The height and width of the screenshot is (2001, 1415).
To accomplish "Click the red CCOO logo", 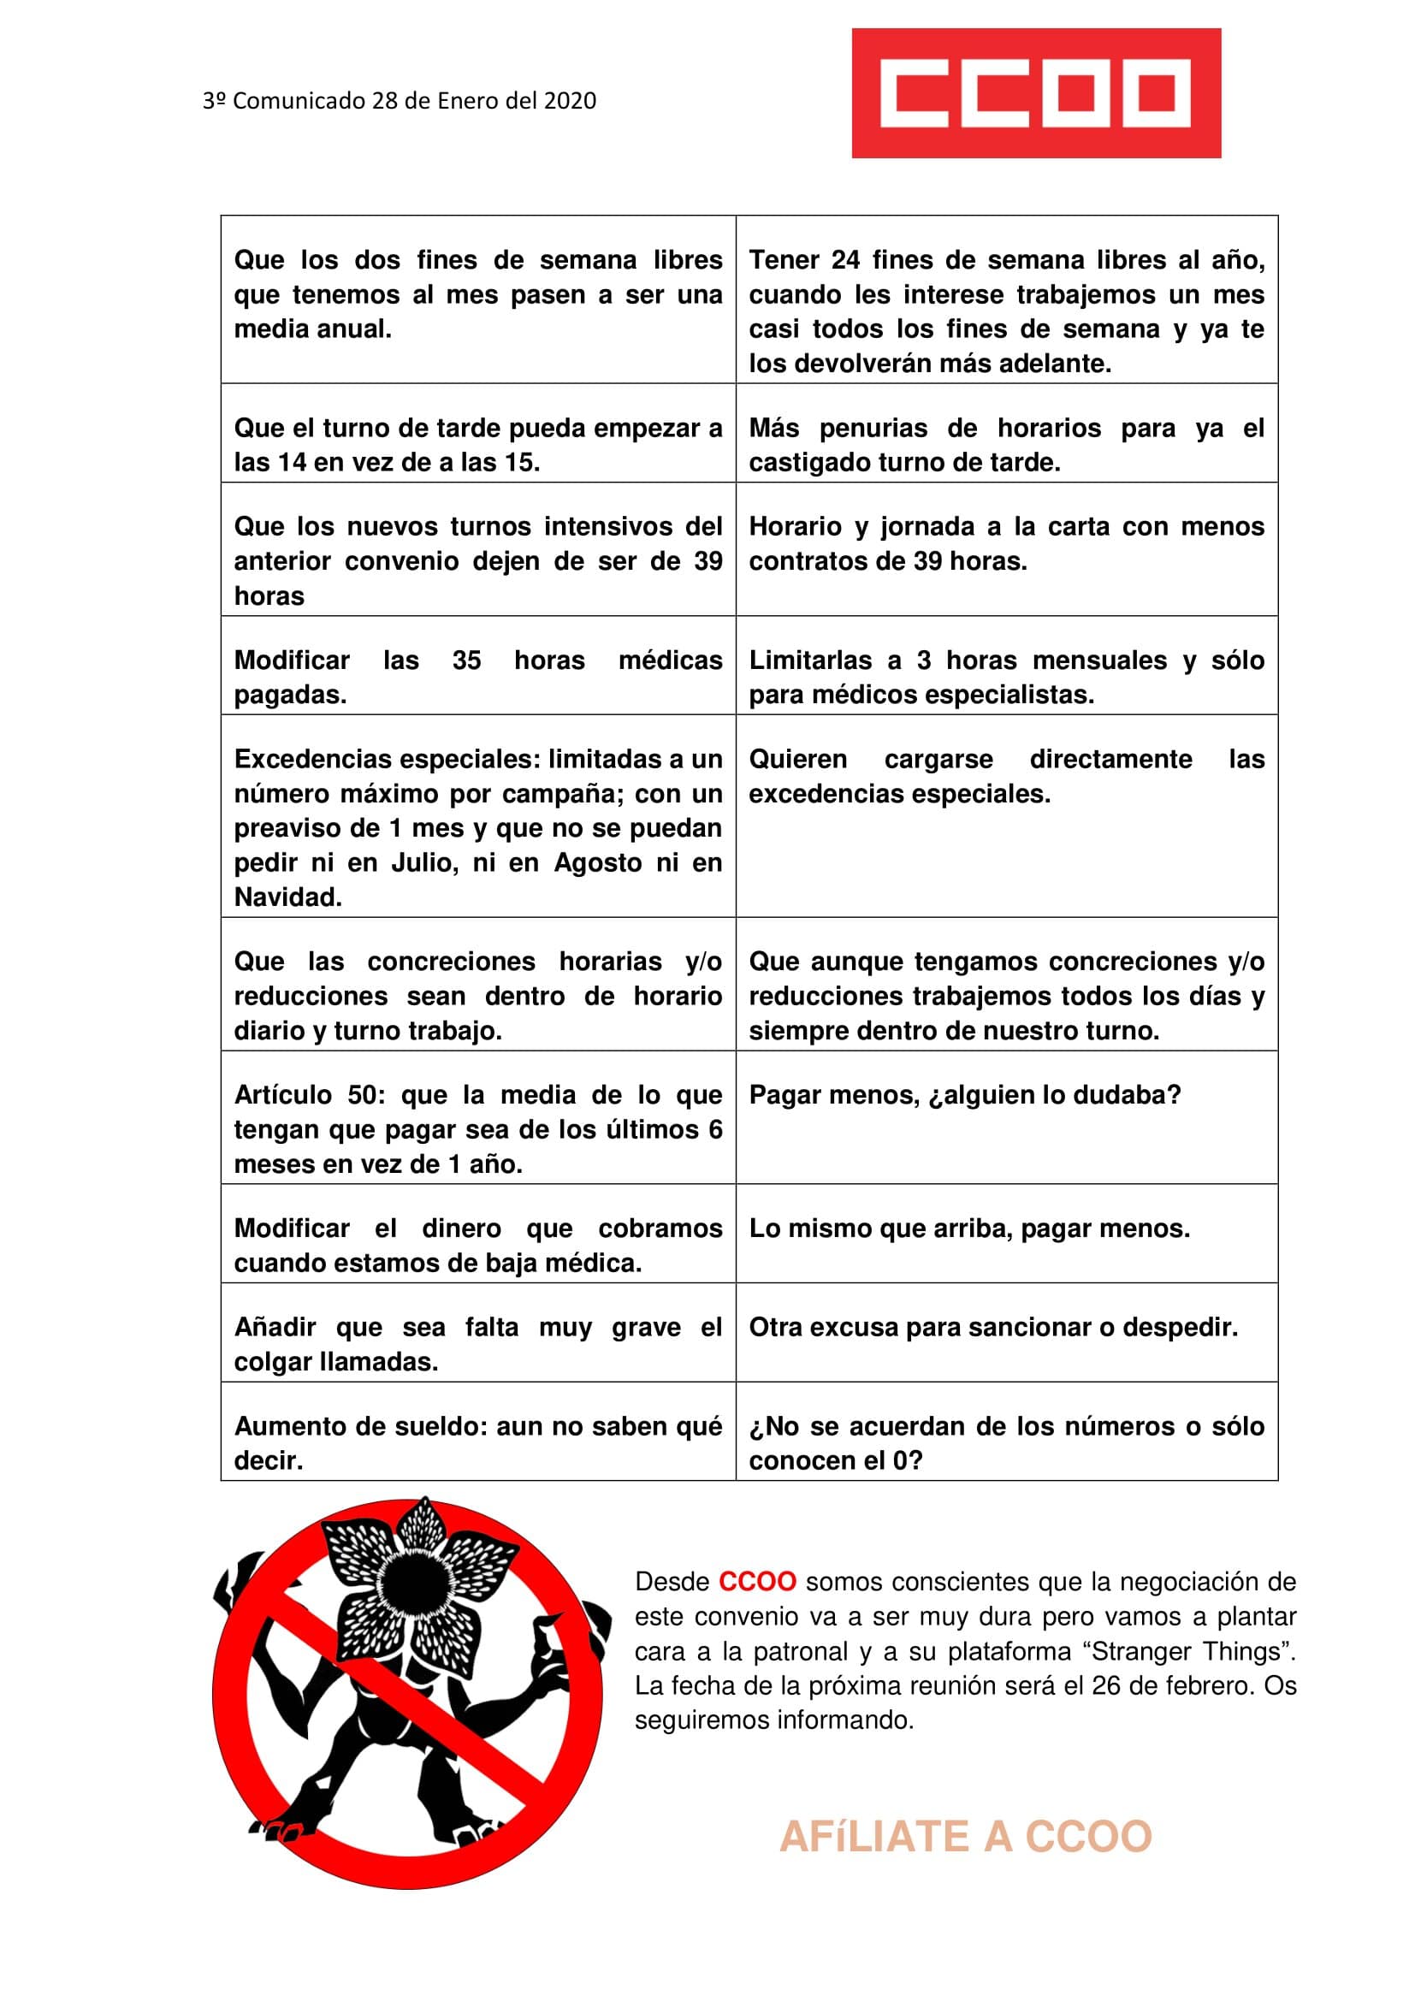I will (x=1035, y=93).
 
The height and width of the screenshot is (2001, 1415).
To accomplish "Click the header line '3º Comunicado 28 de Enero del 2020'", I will (x=399, y=101).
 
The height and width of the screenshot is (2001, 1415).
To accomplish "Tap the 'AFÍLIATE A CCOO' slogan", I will (x=965, y=1836).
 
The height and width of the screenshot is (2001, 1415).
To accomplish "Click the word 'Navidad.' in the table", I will (x=287, y=897).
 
